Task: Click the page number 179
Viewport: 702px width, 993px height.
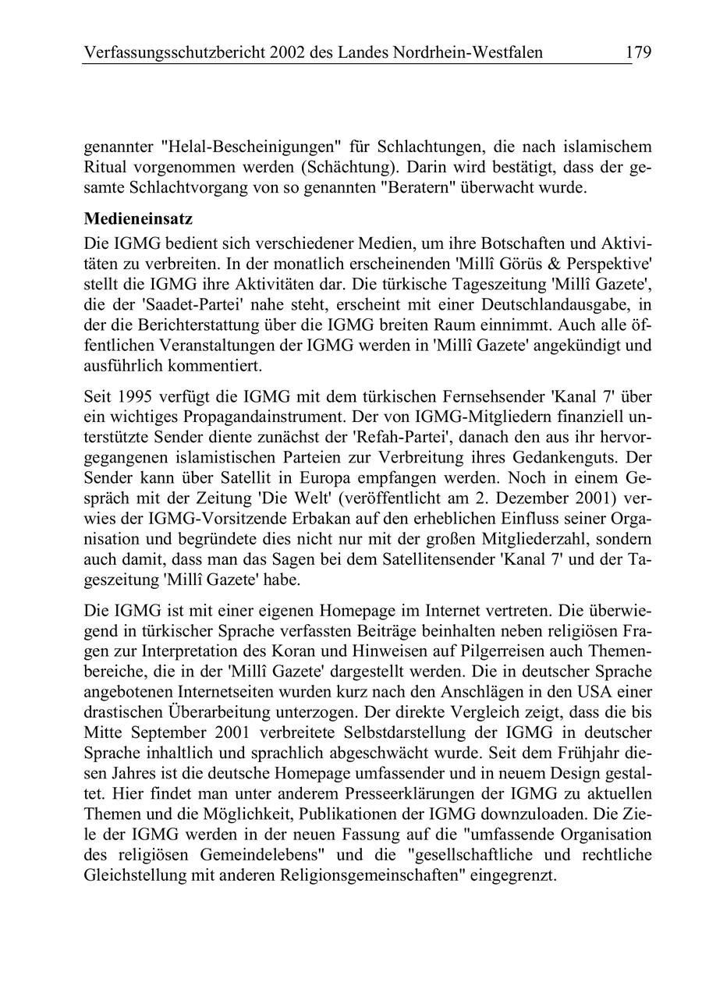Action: tap(637, 53)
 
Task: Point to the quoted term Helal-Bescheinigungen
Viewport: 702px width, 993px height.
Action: tap(251, 147)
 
